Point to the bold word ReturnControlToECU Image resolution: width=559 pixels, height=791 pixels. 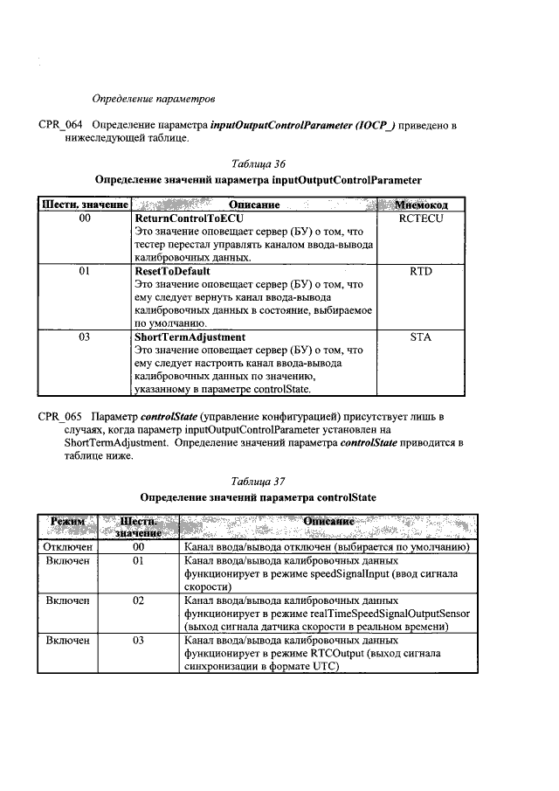pyautogui.click(x=188, y=218)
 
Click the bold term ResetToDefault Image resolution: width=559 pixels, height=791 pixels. pyautogui.click(x=176, y=272)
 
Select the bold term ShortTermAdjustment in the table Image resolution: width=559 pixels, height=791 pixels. pyautogui.click(x=190, y=336)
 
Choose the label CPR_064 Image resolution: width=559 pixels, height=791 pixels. pyautogui.click(x=60, y=125)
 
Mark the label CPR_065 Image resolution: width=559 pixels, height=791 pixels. pyautogui.click(x=60, y=414)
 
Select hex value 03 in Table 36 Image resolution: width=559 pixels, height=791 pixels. pyautogui.click(x=85, y=336)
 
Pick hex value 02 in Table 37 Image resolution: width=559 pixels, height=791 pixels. pyautogui.click(x=138, y=602)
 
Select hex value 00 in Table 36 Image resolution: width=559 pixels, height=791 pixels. pyautogui.click(x=85, y=218)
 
